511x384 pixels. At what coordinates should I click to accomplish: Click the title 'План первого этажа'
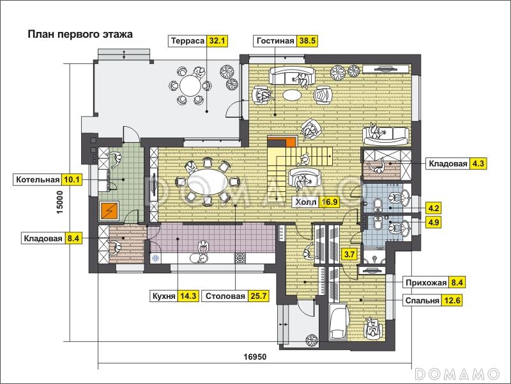coord(80,35)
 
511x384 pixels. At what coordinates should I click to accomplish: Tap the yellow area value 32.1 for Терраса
coord(218,41)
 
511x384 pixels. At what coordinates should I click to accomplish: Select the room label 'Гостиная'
coord(275,41)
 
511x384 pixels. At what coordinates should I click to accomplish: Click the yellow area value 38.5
coord(308,41)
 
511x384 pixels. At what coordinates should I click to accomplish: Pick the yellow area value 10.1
coord(73,180)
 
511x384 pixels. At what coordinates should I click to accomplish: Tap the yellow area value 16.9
coord(328,203)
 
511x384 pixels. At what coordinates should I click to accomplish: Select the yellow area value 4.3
coord(478,163)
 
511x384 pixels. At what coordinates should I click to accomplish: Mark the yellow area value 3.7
coord(349,254)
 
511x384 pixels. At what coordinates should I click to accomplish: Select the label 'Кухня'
coord(164,296)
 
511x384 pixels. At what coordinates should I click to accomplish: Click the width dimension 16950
coord(254,356)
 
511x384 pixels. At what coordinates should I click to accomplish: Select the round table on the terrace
coord(190,85)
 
